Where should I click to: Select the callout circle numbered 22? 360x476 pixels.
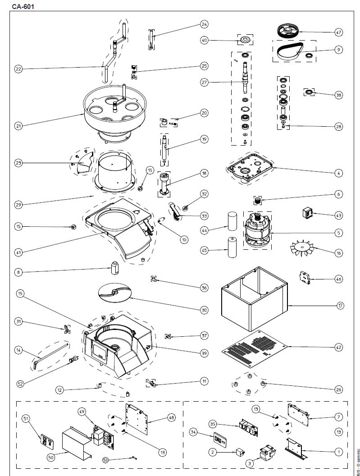pos(18,69)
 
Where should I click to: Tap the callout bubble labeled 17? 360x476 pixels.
pos(339,306)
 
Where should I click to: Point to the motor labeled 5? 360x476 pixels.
pos(257,231)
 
